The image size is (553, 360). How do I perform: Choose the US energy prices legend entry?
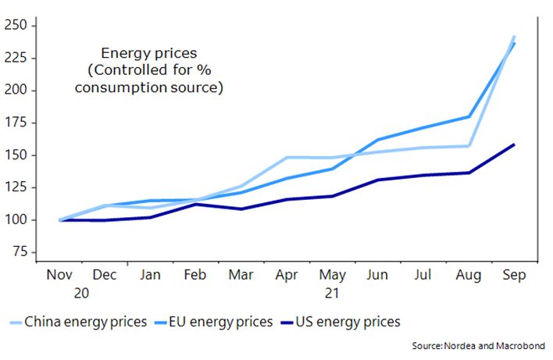[x=348, y=321]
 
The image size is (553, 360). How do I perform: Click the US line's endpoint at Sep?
[x=513, y=144]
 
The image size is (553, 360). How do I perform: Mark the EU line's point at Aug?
[x=467, y=117]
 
